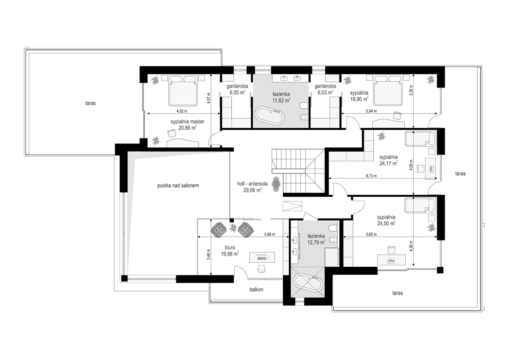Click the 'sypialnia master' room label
(x=188, y=121)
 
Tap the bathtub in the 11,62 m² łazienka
(x=270, y=116)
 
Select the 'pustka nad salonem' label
(x=178, y=186)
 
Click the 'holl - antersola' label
(x=252, y=184)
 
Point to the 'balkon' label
(x=256, y=290)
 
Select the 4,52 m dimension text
(x=181, y=111)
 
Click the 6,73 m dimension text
(x=371, y=176)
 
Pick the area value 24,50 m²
(x=386, y=223)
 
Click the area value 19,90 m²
(x=360, y=99)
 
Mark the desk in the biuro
(x=262, y=257)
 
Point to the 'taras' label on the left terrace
(x=90, y=103)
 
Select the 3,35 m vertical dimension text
(x=411, y=90)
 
